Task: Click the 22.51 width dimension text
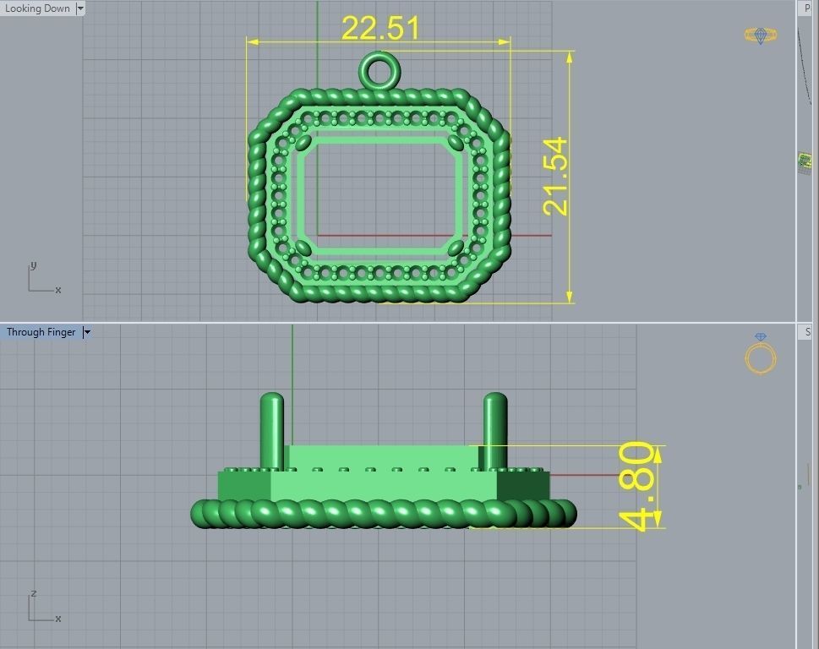(x=380, y=28)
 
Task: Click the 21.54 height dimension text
(x=556, y=177)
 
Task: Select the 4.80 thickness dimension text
(x=638, y=487)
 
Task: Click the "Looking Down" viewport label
(x=38, y=8)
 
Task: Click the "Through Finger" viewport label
(x=41, y=332)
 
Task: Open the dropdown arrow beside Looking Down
(x=80, y=8)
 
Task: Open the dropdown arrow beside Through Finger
(x=86, y=332)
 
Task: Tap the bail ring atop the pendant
(x=379, y=70)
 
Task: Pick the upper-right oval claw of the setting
(x=457, y=142)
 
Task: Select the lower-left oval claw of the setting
(x=303, y=248)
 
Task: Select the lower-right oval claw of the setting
(x=456, y=248)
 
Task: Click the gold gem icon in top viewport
(x=761, y=35)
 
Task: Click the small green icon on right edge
(x=805, y=161)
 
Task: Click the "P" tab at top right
(x=807, y=8)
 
